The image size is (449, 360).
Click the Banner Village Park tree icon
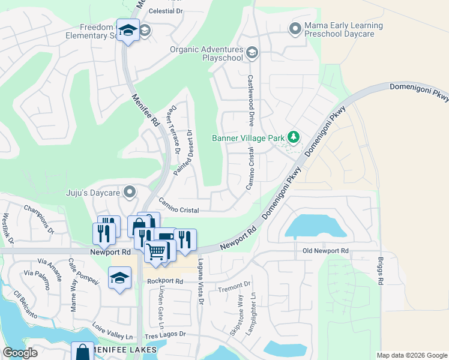click(294, 137)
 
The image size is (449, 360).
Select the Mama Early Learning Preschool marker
click(295, 28)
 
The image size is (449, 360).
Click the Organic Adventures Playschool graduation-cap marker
click(252, 53)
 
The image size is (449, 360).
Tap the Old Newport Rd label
click(325, 250)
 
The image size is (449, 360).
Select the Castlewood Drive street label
click(250, 100)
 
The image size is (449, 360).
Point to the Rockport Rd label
click(164, 281)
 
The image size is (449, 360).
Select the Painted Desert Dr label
click(182, 152)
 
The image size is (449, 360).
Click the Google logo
click(20, 353)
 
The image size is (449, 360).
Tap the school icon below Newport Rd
click(120, 278)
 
